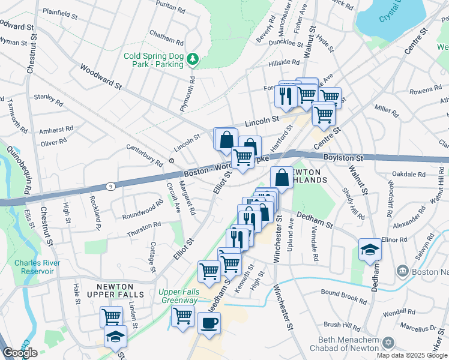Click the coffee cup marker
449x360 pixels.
point(209,323)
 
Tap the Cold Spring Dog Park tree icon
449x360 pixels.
point(193,58)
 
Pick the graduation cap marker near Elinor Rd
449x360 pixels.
point(370,249)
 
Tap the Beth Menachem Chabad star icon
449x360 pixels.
point(388,343)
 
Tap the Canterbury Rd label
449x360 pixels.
point(144,155)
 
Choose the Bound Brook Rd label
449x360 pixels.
point(343,296)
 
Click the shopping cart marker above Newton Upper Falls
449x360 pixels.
point(111,316)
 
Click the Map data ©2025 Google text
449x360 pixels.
point(412,355)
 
